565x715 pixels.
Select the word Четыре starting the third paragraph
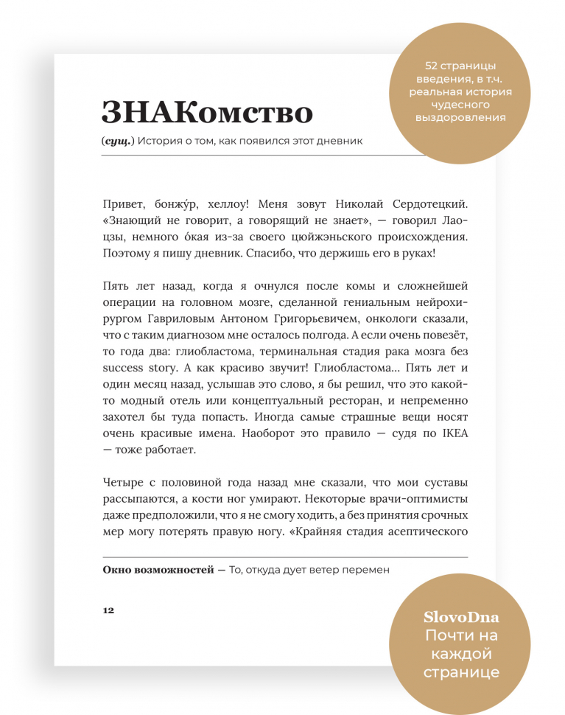125,482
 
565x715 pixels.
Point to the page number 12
108,610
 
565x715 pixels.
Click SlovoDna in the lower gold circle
460,617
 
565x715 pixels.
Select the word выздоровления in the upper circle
460,117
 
